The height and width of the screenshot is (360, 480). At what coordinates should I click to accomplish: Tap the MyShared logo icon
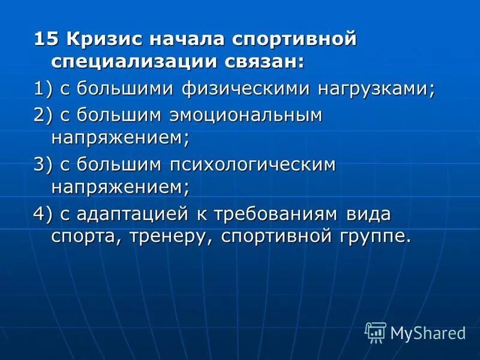click(x=376, y=332)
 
